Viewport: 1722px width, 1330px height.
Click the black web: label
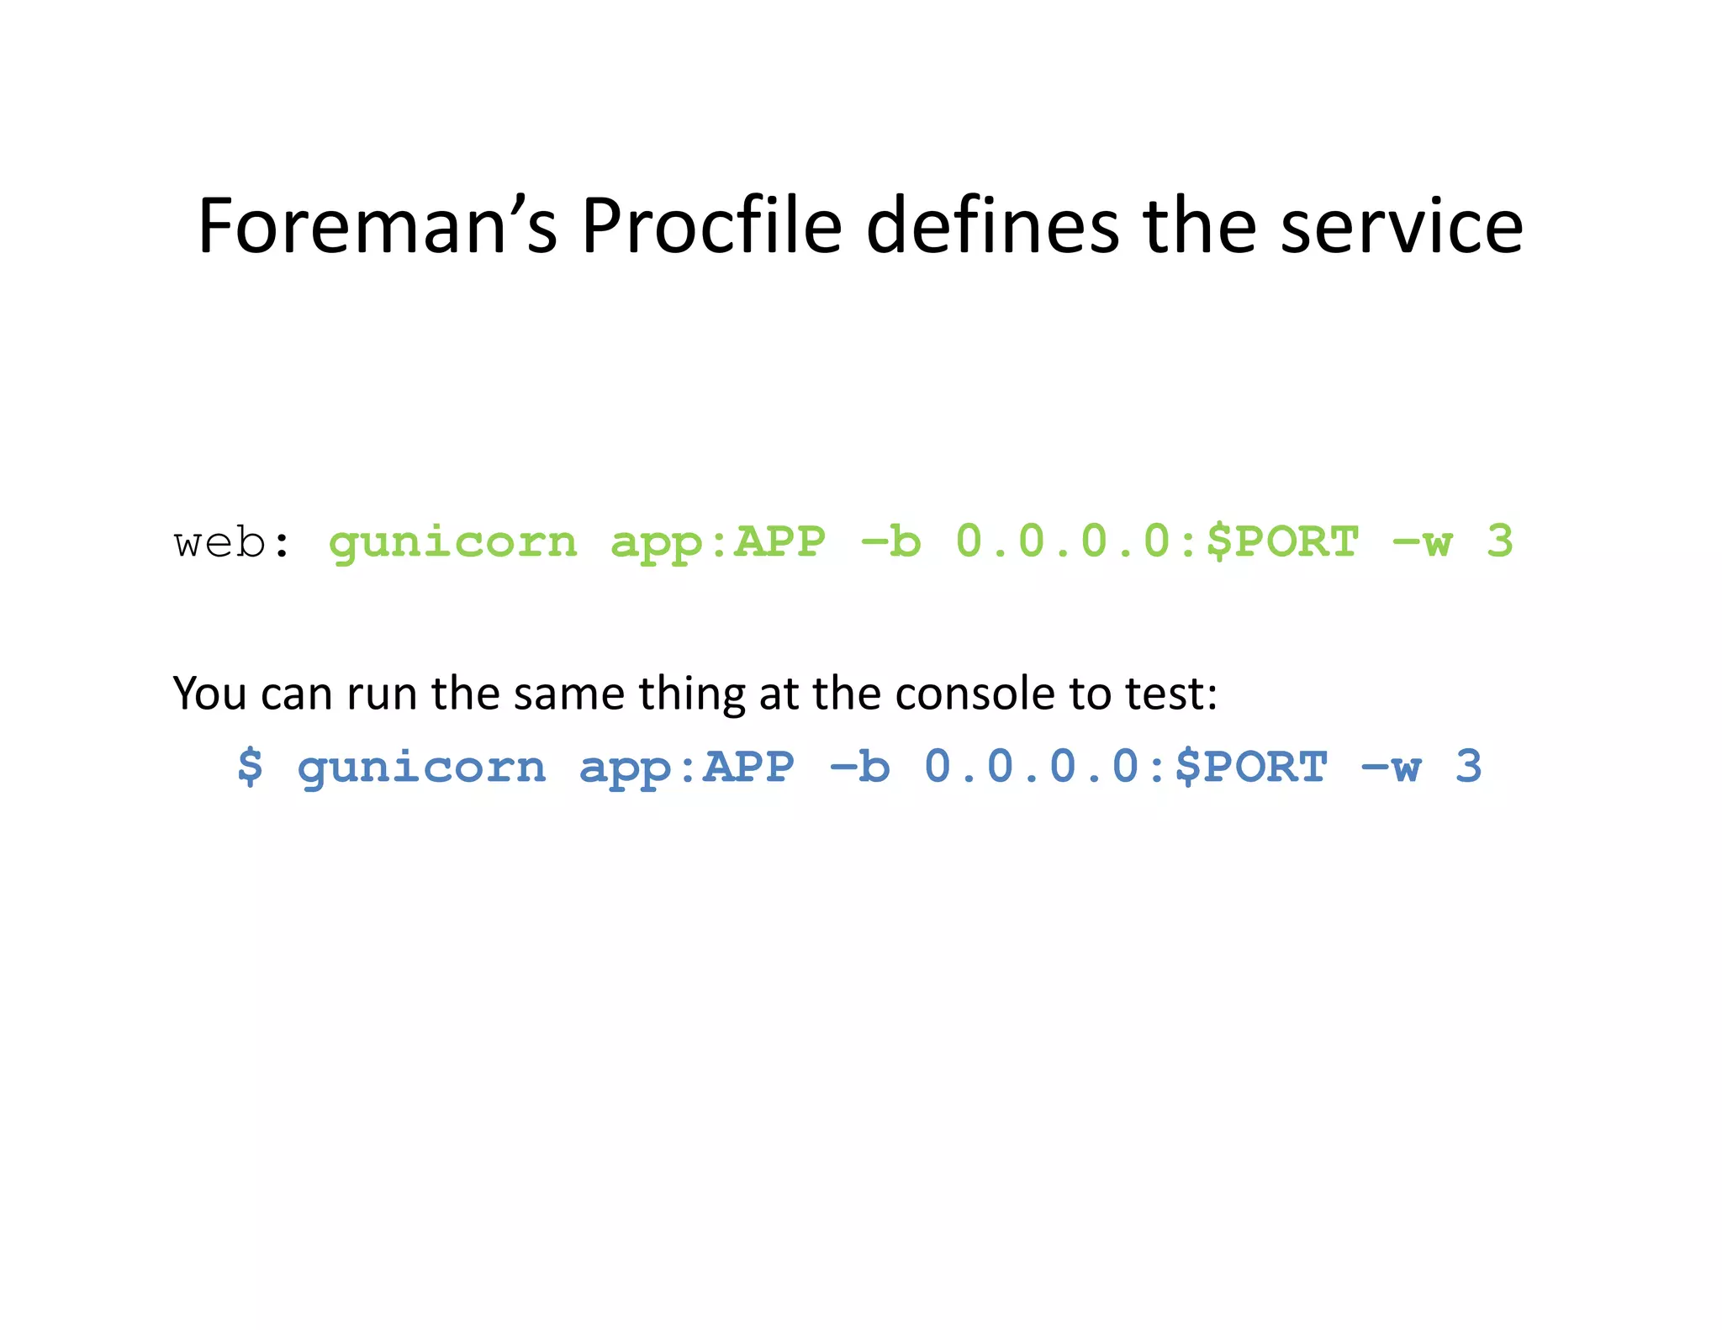(232, 542)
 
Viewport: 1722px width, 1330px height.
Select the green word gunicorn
(453, 542)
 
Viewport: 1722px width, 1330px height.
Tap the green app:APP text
(718, 542)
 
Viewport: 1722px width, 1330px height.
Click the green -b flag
(891, 542)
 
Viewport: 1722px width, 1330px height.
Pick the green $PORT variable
(1282, 542)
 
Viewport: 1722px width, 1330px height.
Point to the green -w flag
(1423, 542)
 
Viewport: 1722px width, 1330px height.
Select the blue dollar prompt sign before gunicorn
(250, 767)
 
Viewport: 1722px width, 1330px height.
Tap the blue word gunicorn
(422, 768)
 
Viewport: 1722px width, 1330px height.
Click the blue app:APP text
(687, 768)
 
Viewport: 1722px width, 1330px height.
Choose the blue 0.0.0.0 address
(1038, 767)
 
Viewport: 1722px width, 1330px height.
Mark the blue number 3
(1468, 766)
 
